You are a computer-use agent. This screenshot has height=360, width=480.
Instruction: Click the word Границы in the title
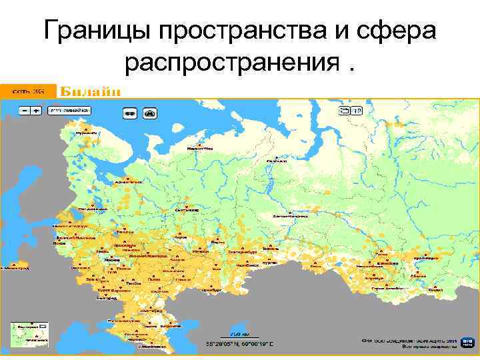pyautogui.click(x=90, y=31)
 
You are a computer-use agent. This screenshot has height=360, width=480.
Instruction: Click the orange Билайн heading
pyautogui.click(x=91, y=91)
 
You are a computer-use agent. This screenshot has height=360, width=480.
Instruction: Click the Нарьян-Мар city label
pyautogui.click(x=200, y=148)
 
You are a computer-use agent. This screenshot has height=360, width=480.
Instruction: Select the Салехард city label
pyautogui.click(x=275, y=161)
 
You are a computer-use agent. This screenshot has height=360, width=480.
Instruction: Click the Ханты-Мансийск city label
pyautogui.click(x=289, y=216)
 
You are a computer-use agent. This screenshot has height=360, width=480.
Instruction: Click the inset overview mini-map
pyautogui.click(x=30, y=334)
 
